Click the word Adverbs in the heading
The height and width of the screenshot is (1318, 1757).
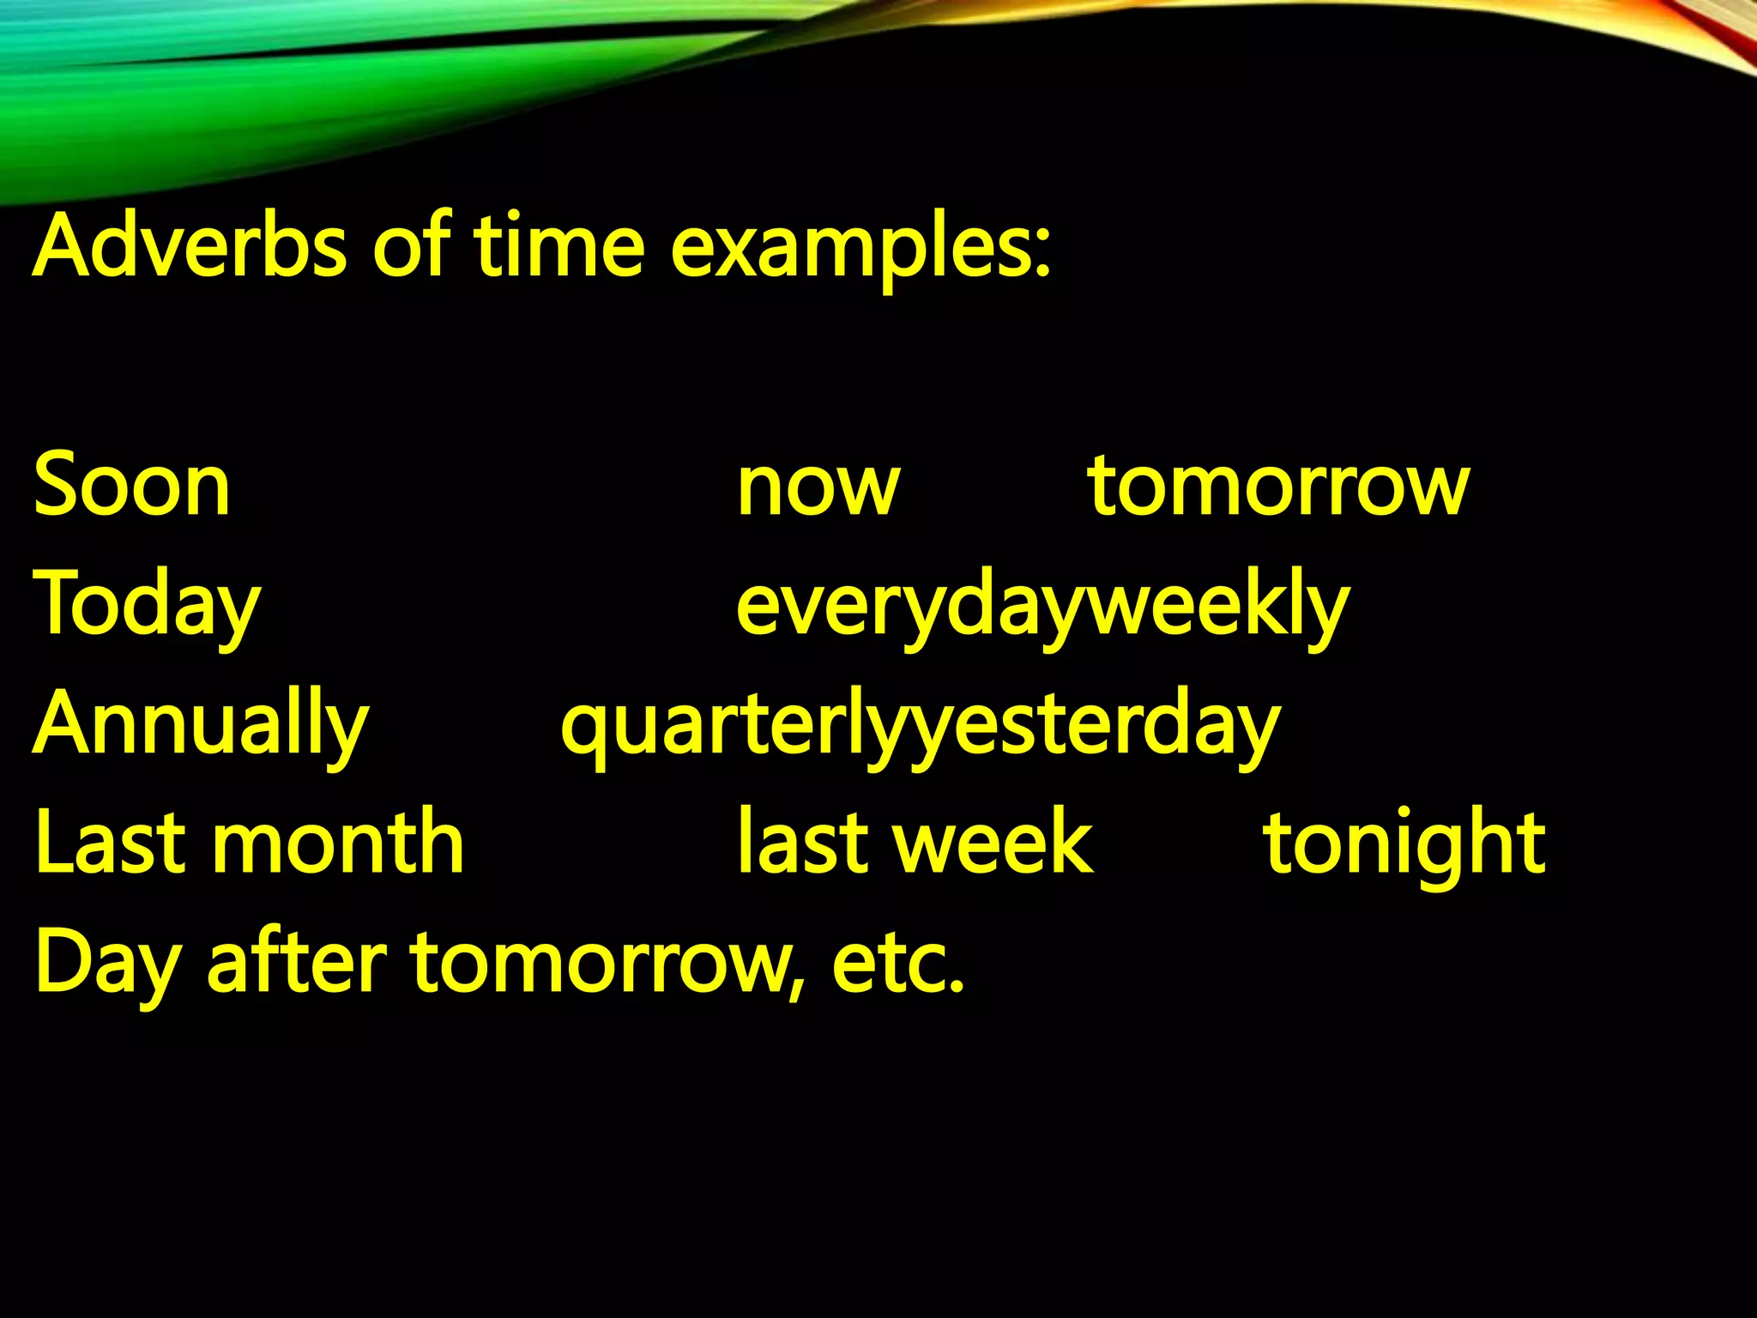189,247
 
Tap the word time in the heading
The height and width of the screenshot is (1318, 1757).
558,247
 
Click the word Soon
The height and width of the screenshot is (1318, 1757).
132,487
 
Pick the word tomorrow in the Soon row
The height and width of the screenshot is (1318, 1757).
1279,487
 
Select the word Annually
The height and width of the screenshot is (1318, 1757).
201,726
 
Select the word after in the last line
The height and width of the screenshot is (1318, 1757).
297,963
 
